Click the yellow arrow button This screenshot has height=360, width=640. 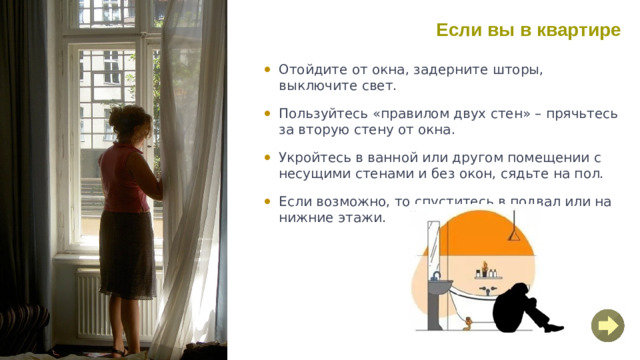tap(607, 325)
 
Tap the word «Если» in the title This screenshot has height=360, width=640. tap(458, 30)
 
